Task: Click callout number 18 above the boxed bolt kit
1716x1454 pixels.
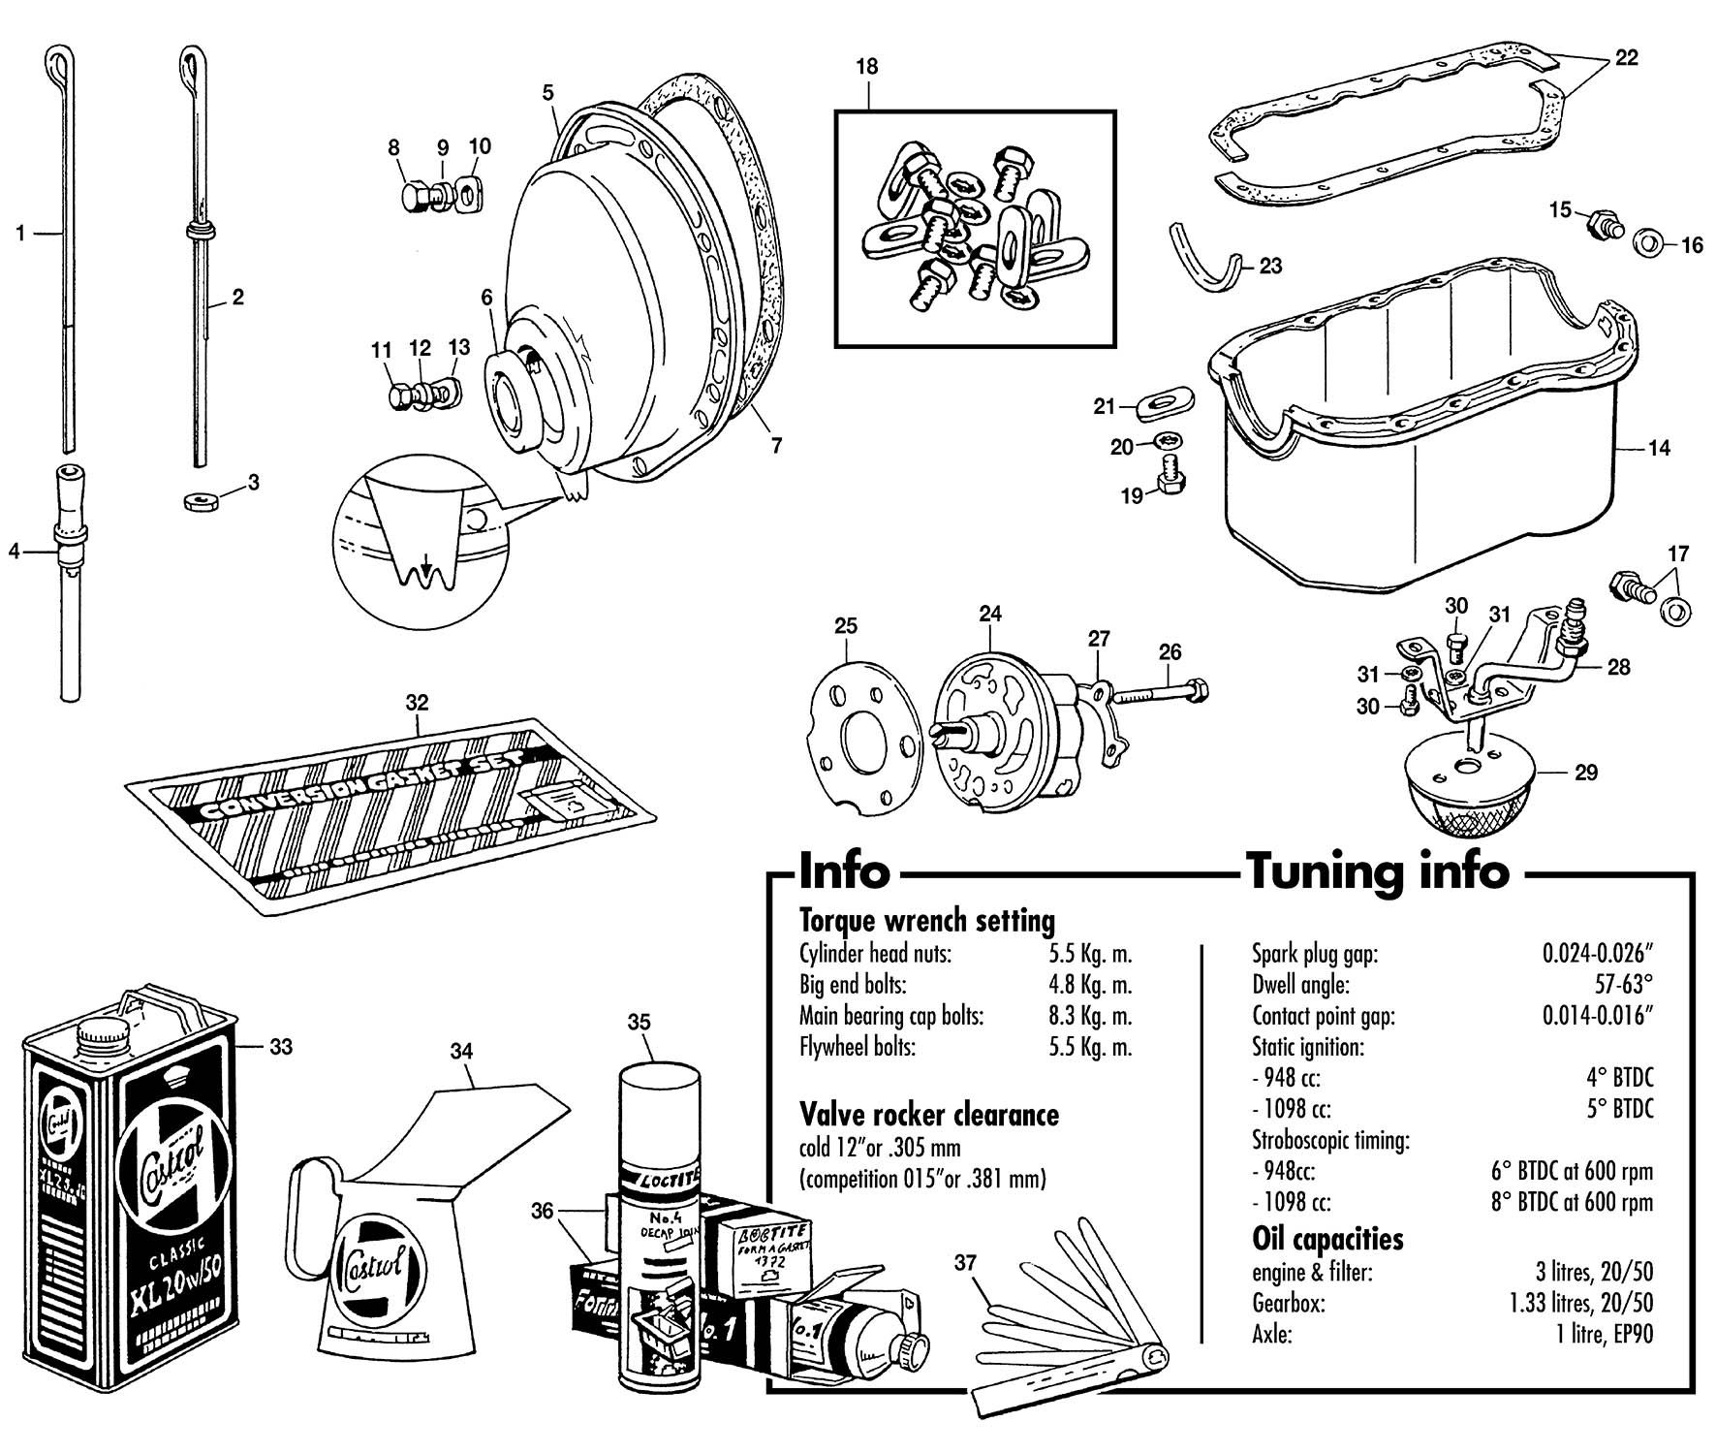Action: point(866,67)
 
